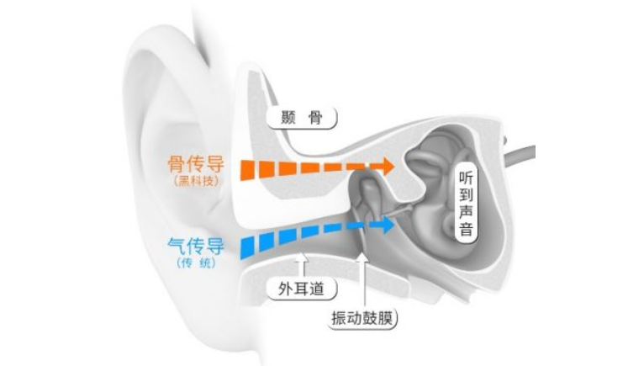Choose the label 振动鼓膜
[363, 320]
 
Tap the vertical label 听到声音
[465, 204]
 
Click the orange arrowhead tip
[392, 166]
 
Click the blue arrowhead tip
[393, 225]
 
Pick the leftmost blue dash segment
[249, 246]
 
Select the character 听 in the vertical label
[465, 178]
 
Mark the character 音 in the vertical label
[465, 231]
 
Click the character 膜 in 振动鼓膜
[388, 320]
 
